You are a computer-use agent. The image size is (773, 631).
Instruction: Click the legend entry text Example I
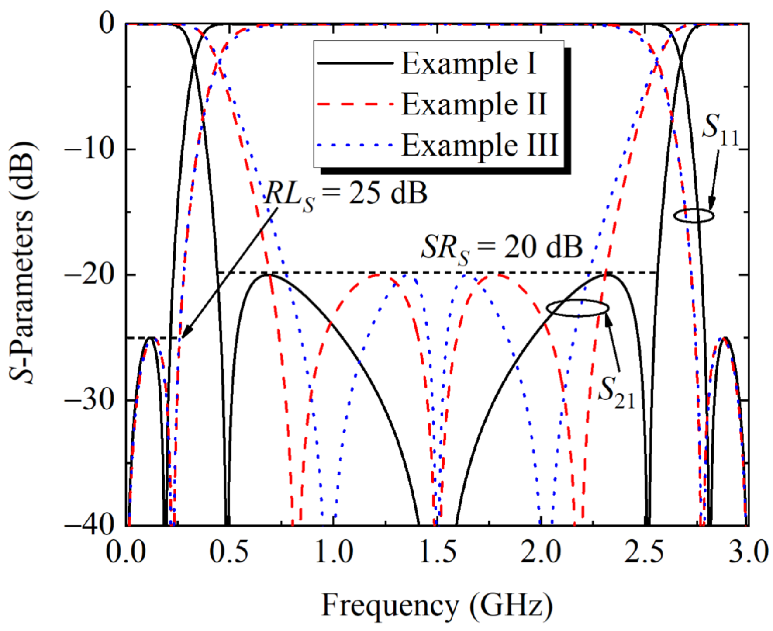point(469,64)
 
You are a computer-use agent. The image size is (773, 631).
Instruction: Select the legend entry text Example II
point(474,104)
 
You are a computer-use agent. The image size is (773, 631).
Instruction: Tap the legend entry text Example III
point(480,145)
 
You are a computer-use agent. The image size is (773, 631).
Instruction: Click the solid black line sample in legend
point(355,64)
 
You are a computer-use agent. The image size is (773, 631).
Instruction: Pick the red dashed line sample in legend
point(355,104)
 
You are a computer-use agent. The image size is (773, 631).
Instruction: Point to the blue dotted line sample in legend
point(355,145)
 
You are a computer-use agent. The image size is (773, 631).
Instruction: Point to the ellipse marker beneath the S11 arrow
point(694,215)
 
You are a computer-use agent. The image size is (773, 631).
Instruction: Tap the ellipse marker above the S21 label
point(577,308)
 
